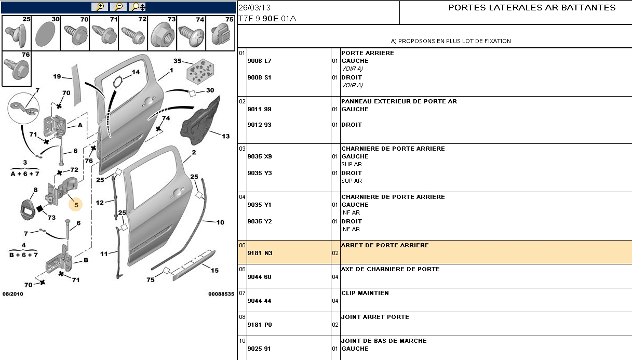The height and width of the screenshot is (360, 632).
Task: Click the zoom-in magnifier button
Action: click(99, 7)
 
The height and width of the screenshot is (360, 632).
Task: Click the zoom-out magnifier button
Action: click(118, 7)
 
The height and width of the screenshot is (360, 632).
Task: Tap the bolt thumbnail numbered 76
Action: click(16, 68)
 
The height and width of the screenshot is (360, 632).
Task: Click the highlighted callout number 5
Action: click(76, 205)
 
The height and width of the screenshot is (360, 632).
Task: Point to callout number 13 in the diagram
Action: click(225, 137)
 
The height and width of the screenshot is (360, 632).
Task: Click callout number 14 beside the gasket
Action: click(136, 72)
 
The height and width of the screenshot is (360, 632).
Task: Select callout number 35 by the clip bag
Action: click(178, 61)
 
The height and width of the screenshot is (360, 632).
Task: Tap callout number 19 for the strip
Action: click(57, 77)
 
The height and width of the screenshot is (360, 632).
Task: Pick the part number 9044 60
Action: click(260, 277)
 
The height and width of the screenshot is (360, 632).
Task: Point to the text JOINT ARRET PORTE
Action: click(375, 317)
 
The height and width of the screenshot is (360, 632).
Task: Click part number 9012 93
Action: click(260, 125)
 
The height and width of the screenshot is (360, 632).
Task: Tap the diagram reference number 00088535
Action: click(221, 294)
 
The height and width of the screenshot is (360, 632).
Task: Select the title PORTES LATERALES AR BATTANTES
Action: click(532, 8)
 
